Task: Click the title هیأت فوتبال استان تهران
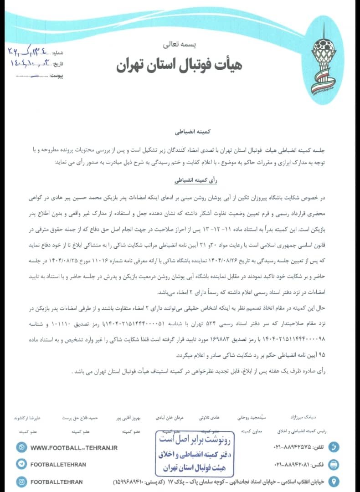[179, 64]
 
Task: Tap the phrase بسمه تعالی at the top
[180, 45]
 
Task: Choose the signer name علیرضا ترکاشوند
[28, 417]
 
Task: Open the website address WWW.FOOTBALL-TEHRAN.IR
[74, 448]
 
